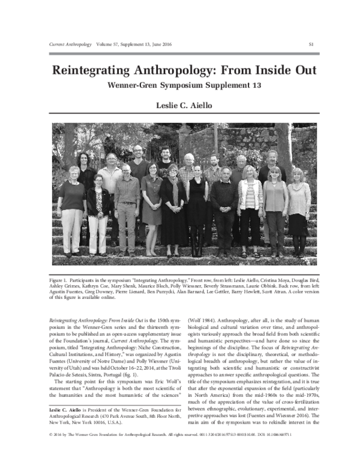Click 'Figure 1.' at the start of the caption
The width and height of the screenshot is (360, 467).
[x=62, y=280]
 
